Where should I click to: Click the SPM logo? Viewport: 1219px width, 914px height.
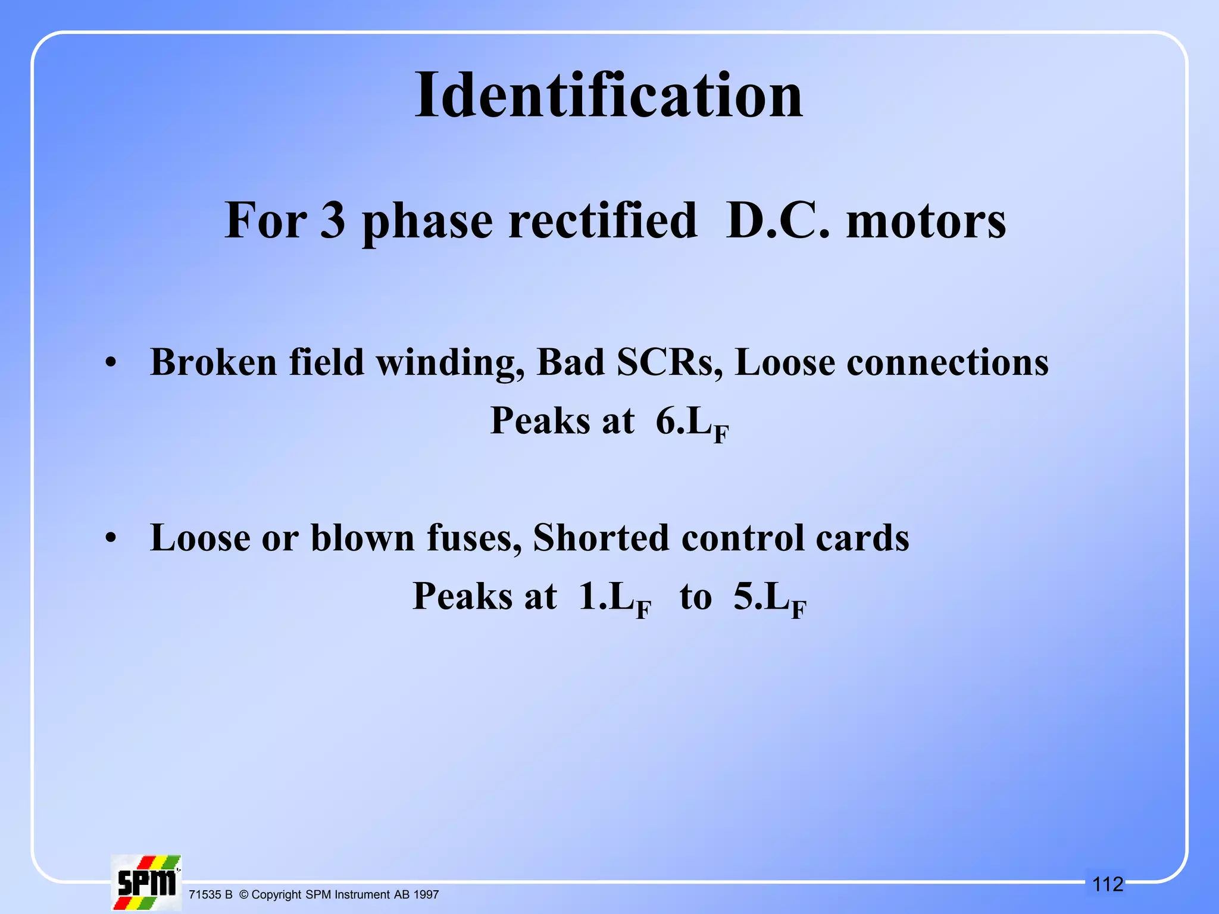(x=146, y=882)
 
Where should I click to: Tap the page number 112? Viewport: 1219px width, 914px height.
(x=1108, y=884)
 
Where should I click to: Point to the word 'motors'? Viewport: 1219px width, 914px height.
(x=926, y=222)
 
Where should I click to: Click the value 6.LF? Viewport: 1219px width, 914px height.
(x=692, y=422)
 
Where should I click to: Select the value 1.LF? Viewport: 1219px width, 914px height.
(x=615, y=597)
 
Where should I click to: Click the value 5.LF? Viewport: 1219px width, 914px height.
(x=770, y=597)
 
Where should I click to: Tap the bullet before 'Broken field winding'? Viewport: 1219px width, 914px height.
(x=110, y=362)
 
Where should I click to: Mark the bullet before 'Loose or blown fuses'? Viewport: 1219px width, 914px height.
(x=110, y=538)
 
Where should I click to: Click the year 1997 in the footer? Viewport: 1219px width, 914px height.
(x=426, y=894)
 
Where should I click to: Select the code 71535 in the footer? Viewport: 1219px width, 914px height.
(x=205, y=894)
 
